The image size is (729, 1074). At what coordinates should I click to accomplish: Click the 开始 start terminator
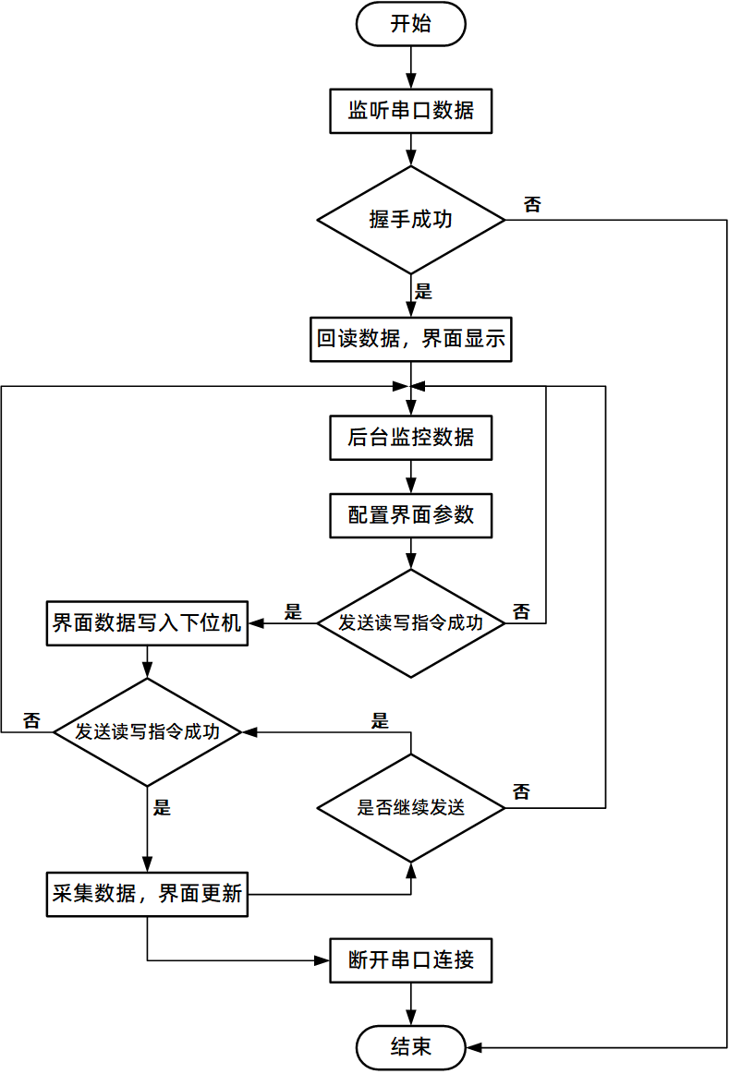(410, 24)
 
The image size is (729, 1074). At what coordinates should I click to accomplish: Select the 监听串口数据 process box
(410, 111)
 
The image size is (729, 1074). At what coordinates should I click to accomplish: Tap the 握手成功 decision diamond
(410, 220)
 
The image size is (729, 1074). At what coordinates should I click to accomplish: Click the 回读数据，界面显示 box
(410, 339)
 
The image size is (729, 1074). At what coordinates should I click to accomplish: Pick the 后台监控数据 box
(410, 438)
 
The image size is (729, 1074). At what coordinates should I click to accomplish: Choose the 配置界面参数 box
(410, 514)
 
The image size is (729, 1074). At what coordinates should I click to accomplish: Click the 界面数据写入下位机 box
(147, 623)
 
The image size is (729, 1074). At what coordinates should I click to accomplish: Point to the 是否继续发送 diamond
(410, 808)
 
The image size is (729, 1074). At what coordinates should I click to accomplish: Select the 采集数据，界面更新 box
(147, 894)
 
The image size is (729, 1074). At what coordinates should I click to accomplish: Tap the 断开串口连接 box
(410, 960)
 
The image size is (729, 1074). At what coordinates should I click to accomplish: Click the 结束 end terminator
(410, 1047)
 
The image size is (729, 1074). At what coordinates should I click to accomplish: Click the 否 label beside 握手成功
(532, 205)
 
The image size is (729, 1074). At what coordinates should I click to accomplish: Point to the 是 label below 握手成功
(424, 293)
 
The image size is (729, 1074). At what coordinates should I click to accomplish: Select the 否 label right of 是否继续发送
(521, 791)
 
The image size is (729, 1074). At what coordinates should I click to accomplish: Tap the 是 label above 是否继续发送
(380, 721)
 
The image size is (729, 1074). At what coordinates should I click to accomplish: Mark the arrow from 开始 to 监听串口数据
(410, 66)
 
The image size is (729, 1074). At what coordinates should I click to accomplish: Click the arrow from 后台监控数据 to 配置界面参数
(410, 477)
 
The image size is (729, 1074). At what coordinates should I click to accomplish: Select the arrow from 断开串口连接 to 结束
(410, 1004)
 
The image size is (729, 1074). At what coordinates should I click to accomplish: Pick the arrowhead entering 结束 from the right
(474, 1047)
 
